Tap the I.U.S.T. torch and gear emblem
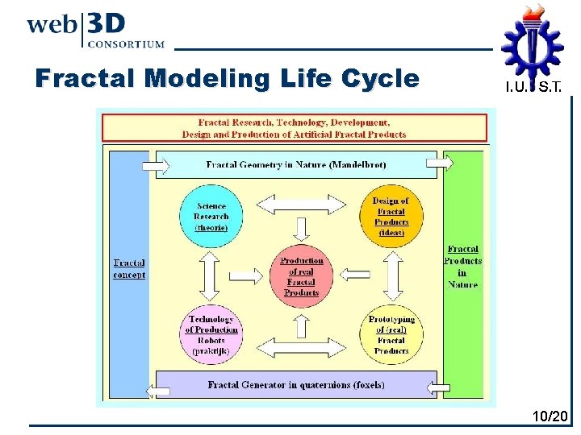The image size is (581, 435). coord(532,40)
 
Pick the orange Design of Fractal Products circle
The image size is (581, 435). coord(391,217)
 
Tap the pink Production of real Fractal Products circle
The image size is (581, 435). coord(301,276)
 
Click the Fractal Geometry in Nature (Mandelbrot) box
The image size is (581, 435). coord(296,164)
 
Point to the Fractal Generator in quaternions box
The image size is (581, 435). coord(296,385)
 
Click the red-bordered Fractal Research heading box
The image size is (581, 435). coord(295,128)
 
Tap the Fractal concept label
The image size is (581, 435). coord(129,269)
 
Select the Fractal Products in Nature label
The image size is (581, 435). coord(462,267)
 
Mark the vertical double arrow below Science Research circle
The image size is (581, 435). coord(210,275)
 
